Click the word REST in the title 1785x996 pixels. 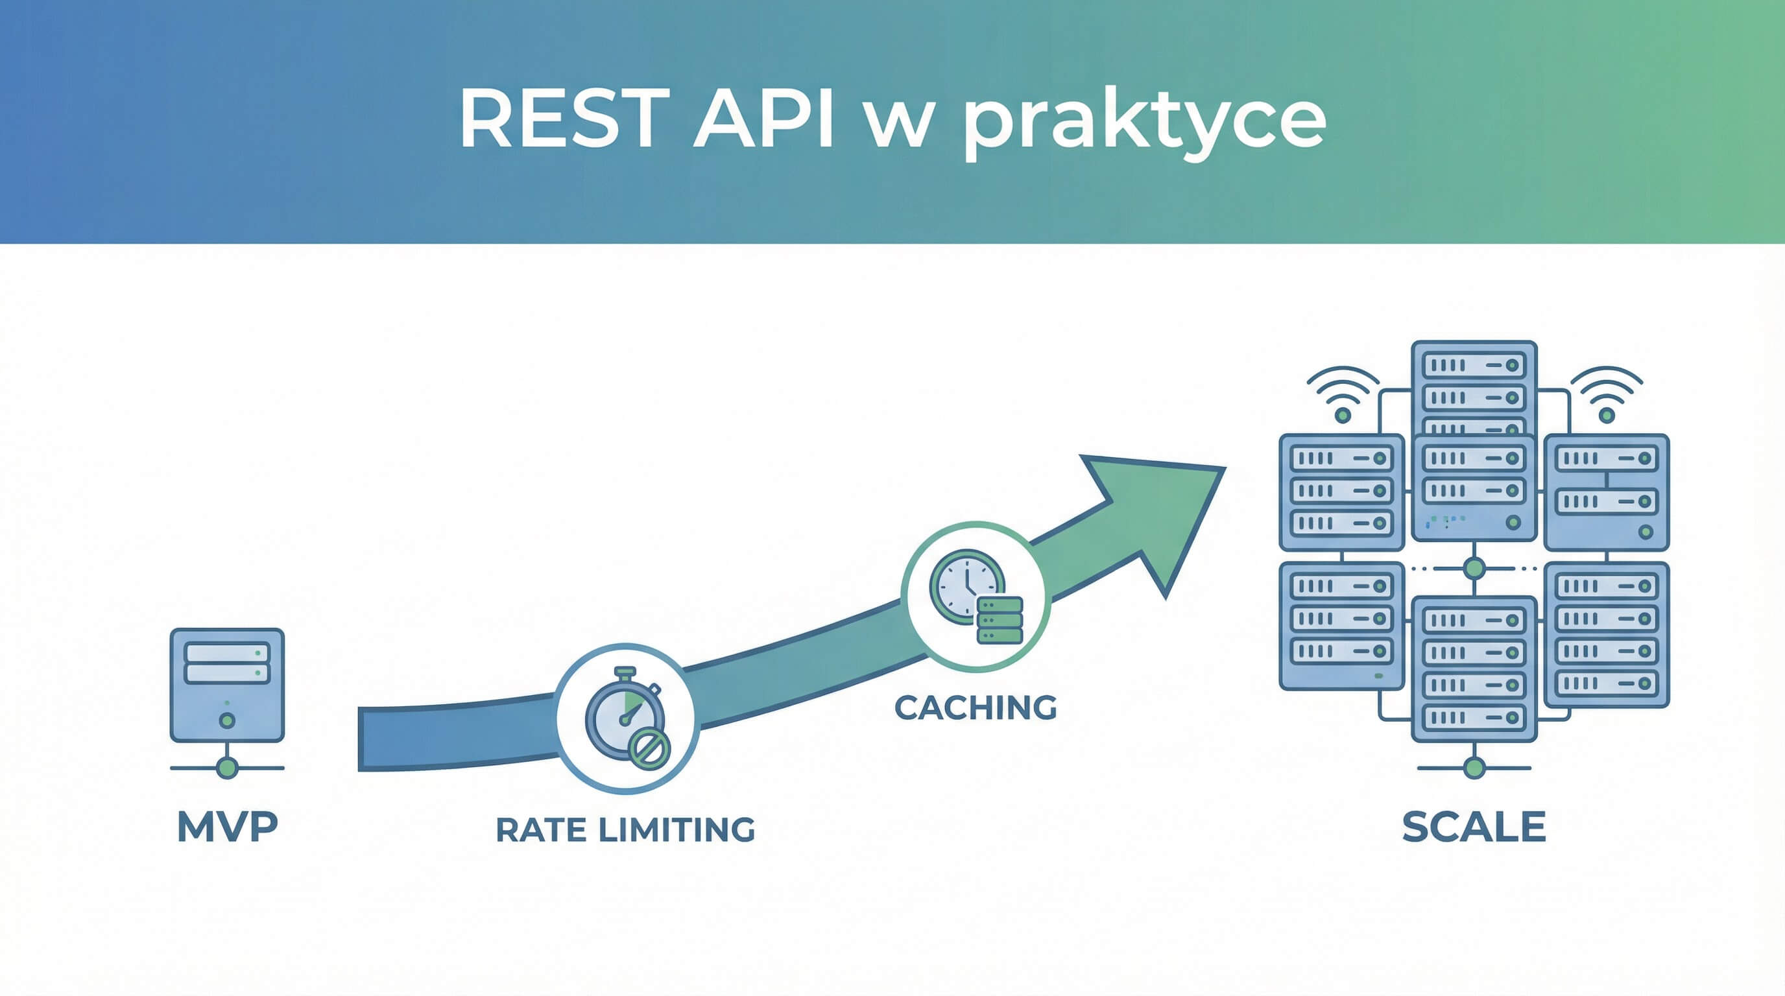pyautogui.click(x=564, y=119)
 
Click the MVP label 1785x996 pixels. pyautogui.click(x=227, y=827)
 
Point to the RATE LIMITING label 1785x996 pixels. pyautogui.click(x=625, y=830)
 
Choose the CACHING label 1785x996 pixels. pyautogui.click(x=976, y=708)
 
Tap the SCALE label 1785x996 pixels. pyautogui.click(x=1474, y=827)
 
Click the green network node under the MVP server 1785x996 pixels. pyautogui.click(x=227, y=768)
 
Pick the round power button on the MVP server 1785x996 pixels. pyautogui.click(x=226, y=721)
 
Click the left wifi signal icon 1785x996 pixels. pyautogui.click(x=1343, y=395)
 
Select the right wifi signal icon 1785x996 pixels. pyautogui.click(x=1606, y=395)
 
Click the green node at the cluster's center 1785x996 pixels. pyautogui.click(x=1474, y=569)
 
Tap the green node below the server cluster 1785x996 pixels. pyautogui.click(x=1474, y=768)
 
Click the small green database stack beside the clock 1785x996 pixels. pyautogui.click(x=1000, y=620)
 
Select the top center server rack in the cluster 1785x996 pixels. pyautogui.click(x=1474, y=388)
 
